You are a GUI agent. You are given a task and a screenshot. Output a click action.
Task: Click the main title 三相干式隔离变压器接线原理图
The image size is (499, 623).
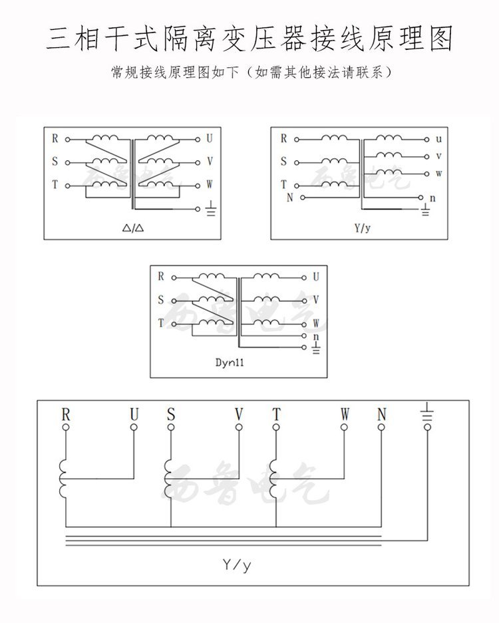(249, 39)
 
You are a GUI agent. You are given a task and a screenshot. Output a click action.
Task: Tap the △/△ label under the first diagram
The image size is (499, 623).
(134, 228)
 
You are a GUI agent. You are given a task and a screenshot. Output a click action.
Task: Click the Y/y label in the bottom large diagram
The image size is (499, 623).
(238, 565)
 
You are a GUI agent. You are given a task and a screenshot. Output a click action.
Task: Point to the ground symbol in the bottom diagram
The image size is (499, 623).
(426, 415)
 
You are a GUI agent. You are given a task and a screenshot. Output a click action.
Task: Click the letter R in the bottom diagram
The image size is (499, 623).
(65, 414)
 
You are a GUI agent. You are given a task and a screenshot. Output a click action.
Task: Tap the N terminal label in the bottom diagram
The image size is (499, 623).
(381, 414)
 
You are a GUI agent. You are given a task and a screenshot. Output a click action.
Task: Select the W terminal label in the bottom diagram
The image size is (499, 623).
(345, 414)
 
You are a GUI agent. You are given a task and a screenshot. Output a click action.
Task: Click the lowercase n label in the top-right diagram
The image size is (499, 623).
(433, 198)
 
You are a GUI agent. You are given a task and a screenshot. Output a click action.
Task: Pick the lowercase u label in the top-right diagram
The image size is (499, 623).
(438, 140)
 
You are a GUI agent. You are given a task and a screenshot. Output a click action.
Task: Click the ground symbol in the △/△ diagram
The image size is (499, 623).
(211, 209)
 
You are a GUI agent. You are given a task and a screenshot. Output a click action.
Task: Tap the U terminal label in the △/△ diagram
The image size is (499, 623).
(210, 140)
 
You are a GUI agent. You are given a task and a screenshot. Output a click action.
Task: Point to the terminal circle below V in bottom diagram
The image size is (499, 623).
(238, 428)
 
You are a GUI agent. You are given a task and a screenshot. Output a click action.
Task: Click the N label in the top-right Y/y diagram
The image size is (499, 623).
(289, 198)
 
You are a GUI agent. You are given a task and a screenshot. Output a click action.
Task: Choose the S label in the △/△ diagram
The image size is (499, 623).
(55, 162)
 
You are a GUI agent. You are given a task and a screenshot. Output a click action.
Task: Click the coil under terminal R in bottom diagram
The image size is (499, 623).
(63, 478)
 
